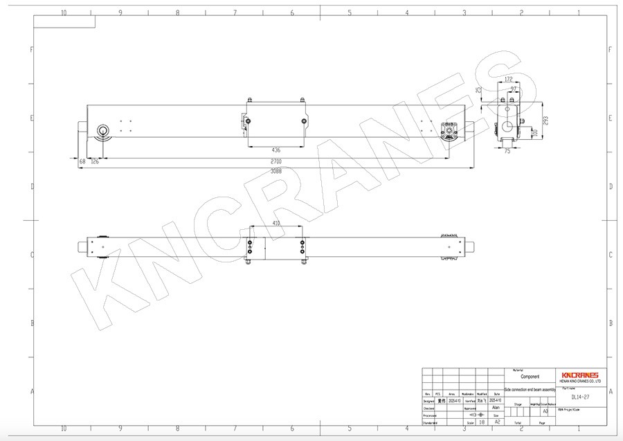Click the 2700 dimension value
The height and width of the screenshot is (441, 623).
[276, 161]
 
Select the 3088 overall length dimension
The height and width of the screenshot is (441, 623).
[276, 170]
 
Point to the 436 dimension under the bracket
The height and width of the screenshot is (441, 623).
[276, 150]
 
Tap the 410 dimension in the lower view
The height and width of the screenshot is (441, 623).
[276, 224]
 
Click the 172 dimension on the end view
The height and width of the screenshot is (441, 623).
[508, 80]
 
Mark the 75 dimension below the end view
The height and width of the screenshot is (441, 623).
[507, 150]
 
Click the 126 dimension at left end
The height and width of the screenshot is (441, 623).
[95, 161]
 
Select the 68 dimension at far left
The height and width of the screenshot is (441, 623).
[82, 161]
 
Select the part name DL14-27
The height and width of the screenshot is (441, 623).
[579, 397]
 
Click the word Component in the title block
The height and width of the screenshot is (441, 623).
[530, 377]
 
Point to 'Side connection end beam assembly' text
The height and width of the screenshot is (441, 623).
[530, 390]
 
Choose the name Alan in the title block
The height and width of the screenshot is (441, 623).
[496, 408]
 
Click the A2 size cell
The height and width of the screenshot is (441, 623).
[496, 422]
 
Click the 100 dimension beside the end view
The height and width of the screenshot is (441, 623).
[534, 132]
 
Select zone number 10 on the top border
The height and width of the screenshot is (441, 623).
[64, 12]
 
